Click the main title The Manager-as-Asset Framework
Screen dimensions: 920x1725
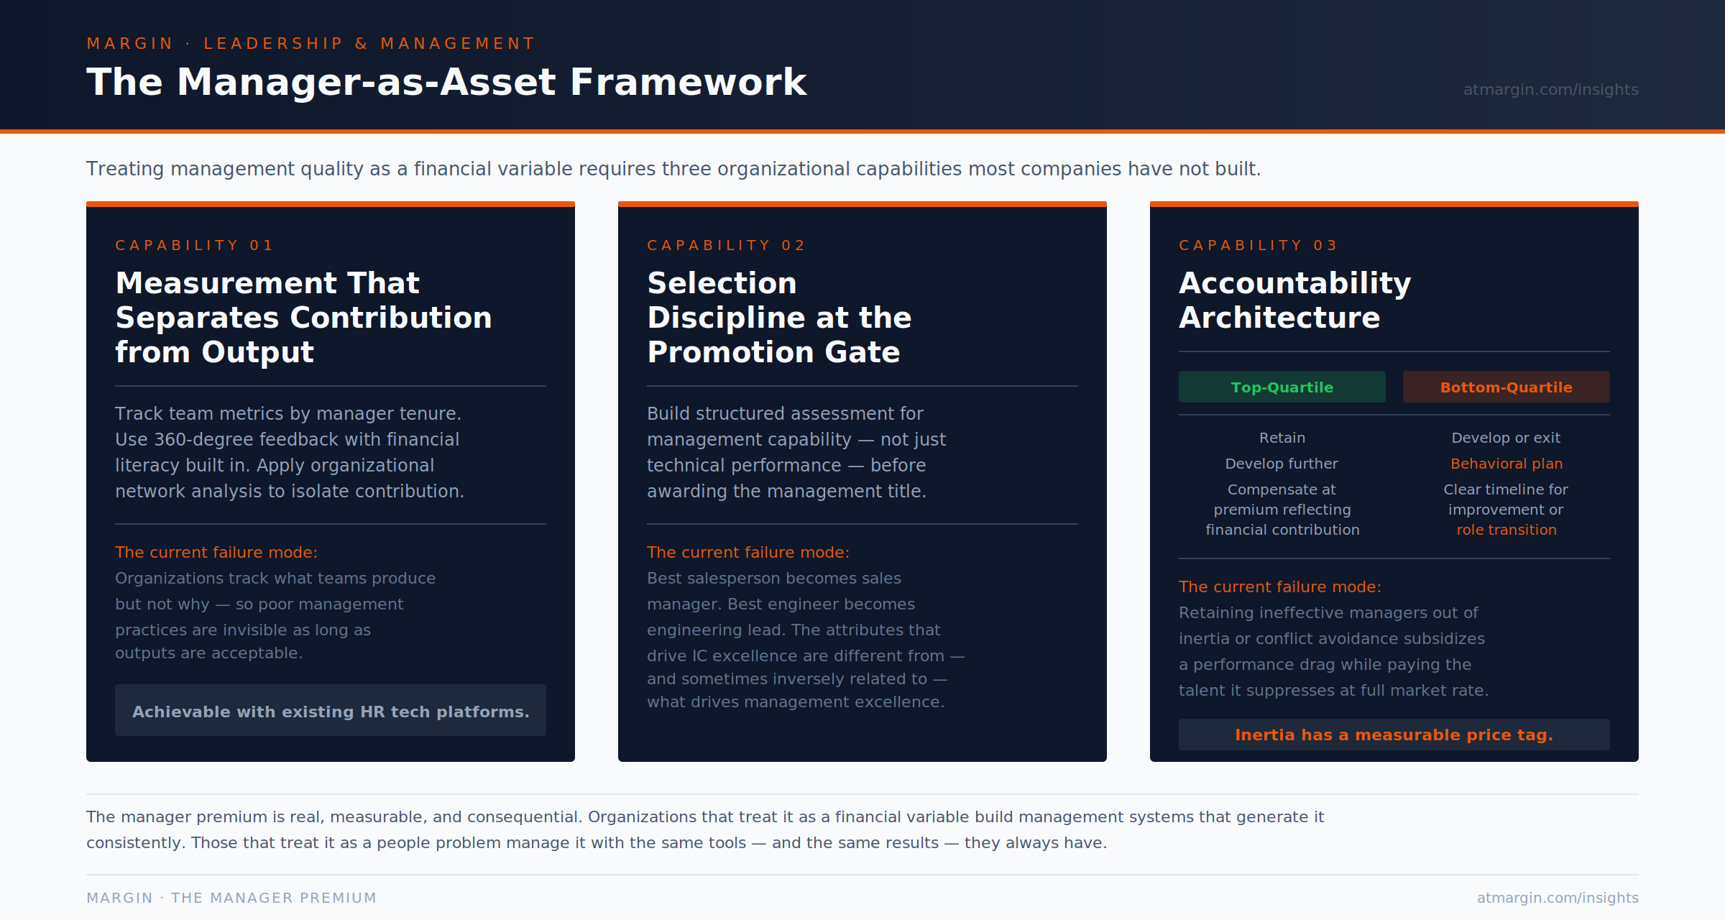click(x=446, y=82)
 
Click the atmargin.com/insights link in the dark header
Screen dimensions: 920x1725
click(x=1550, y=90)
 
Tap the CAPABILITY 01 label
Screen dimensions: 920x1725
click(x=194, y=246)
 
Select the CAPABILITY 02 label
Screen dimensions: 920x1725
click(x=726, y=246)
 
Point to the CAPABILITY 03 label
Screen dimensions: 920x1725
click(x=1258, y=246)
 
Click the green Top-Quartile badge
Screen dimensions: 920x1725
click(x=1282, y=387)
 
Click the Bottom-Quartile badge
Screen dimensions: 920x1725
click(x=1506, y=387)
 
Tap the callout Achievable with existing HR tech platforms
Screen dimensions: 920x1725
click(x=331, y=712)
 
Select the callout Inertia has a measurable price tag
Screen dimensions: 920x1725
click(x=1394, y=735)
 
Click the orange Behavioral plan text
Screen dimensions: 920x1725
click(x=1506, y=464)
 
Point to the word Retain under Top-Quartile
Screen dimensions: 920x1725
click(x=1282, y=438)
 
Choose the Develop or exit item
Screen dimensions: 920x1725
click(x=1506, y=438)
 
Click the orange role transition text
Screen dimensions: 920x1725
click(x=1506, y=530)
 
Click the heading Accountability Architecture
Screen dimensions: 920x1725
click(x=1294, y=300)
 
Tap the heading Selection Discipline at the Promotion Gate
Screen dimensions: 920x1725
click(x=778, y=318)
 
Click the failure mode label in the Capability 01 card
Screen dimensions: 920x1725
click(x=216, y=552)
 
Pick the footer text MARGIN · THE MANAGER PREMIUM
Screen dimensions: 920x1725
click(x=231, y=898)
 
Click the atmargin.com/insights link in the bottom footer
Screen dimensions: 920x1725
click(x=1558, y=898)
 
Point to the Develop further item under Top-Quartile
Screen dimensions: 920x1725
click(x=1282, y=464)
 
